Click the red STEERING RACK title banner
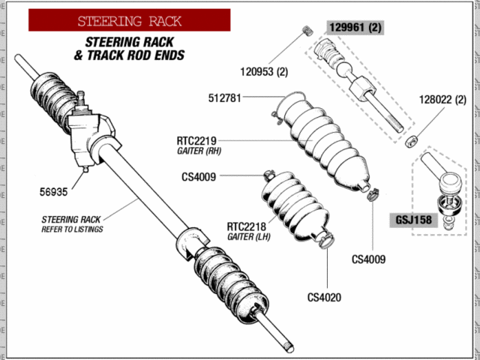pyautogui.click(x=129, y=20)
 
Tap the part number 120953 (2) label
pyautogui.click(x=264, y=73)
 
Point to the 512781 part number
pyautogui.click(x=226, y=98)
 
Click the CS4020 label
pyautogui.click(x=324, y=296)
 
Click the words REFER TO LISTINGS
pyautogui.click(x=73, y=229)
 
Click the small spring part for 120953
pyautogui.click(x=306, y=30)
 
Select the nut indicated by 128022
pyautogui.click(x=411, y=140)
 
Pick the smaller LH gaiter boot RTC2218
pyautogui.click(x=292, y=208)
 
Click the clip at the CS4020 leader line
pyautogui.click(x=324, y=241)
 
